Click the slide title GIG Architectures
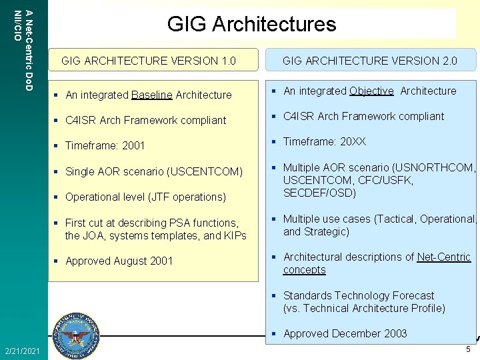252,25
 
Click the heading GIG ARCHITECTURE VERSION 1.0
149,61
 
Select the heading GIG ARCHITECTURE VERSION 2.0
370,61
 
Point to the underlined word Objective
371,91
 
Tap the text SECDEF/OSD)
320,193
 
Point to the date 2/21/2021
21,351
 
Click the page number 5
468,349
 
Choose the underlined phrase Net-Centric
444,257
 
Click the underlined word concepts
305,270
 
